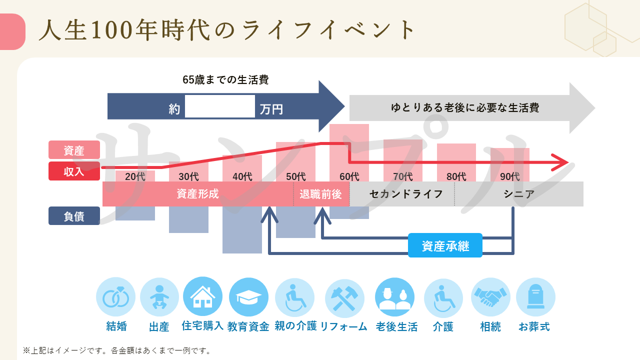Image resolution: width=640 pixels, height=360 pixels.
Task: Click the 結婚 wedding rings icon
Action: pos(115,297)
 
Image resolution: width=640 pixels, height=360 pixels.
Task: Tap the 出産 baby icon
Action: pos(159,297)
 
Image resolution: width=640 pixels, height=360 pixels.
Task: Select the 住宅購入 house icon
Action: pos(203,297)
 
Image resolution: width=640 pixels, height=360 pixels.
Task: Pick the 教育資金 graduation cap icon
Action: pos(248,297)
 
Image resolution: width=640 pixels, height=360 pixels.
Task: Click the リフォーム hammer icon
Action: pos(344,297)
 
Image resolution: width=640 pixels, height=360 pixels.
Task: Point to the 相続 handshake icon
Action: pos(490,297)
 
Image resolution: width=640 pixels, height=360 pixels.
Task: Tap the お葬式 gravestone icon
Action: pos(535,297)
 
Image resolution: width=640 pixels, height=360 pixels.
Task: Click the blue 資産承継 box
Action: pos(445,245)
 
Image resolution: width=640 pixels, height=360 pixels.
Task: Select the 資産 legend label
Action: pos(74,150)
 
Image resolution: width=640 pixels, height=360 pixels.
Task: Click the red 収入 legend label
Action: pos(74,171)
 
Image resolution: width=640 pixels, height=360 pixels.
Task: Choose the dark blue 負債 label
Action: pos(74,216)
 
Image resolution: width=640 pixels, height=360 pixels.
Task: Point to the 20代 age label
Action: pos(135,176)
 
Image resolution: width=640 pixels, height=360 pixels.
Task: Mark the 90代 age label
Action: pos(510,176)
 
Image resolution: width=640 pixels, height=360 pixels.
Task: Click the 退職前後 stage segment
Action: pos(321,194)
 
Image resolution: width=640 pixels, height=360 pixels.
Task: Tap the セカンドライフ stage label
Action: pos(406,194)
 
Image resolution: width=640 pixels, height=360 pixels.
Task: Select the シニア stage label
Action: pos(519,194)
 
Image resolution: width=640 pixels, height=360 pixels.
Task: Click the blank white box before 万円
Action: pos(220,106)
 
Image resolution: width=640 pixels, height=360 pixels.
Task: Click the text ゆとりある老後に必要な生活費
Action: pos(465,108)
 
